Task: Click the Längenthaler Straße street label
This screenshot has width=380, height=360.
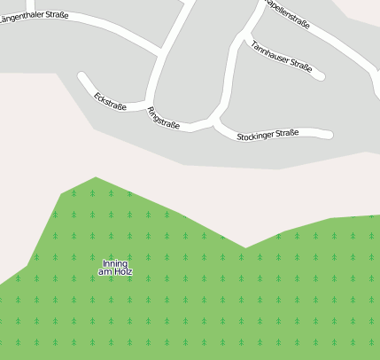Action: [34, 16]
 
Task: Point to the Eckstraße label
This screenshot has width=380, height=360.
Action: [110, 101]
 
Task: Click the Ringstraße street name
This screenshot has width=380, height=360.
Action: [164, 118]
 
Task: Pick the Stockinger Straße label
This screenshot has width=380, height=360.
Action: [268, 135]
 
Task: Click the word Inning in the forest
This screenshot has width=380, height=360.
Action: [115, 263]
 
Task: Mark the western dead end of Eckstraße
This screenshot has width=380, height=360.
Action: [82, 77]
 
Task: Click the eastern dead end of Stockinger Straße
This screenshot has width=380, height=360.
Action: [330, 135]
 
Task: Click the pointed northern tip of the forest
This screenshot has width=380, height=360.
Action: [95, 177]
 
